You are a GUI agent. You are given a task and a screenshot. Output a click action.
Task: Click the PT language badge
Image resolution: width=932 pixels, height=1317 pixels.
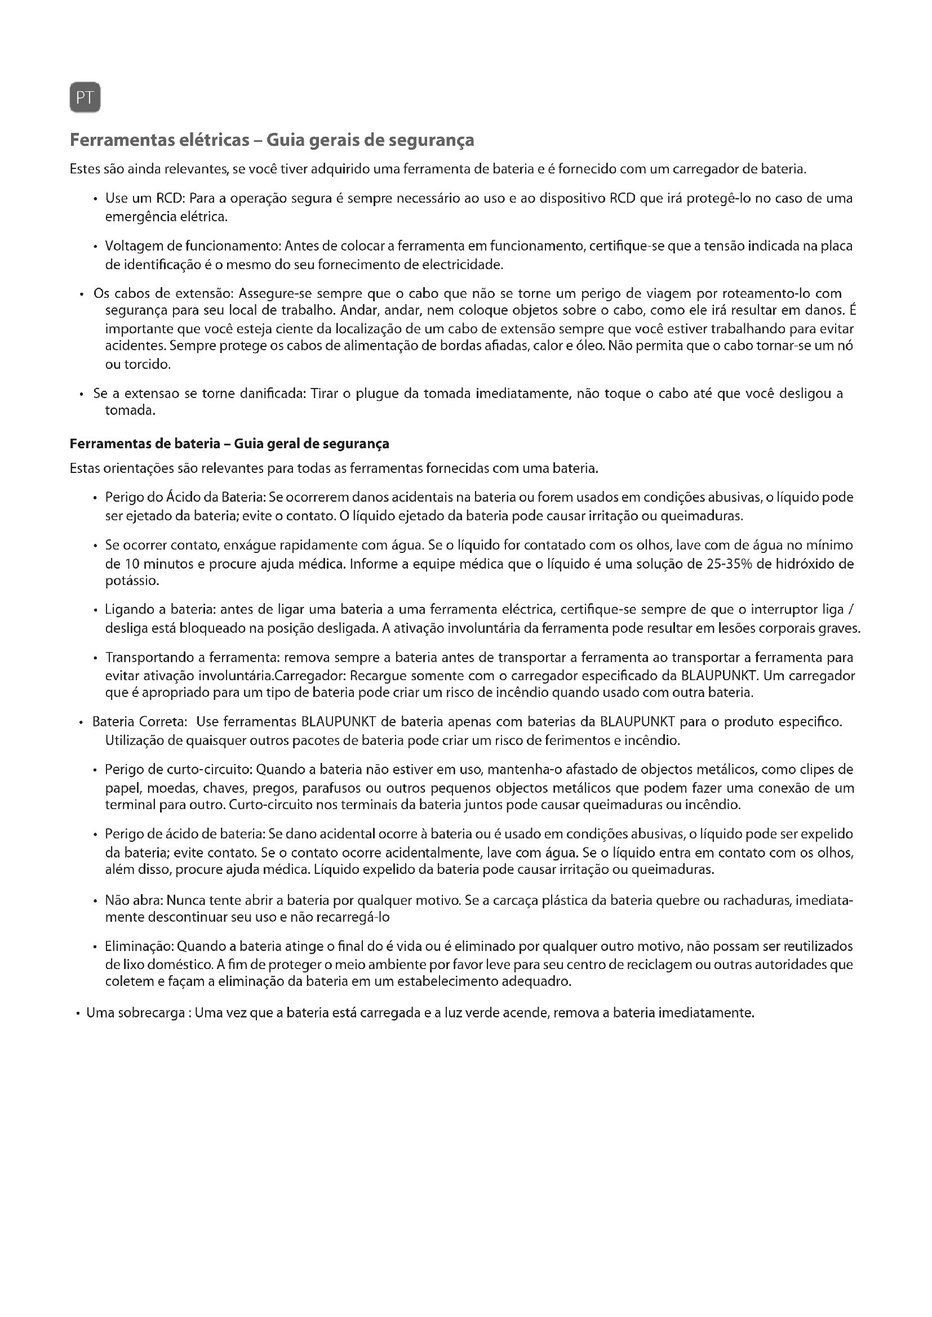(x=85, y=97)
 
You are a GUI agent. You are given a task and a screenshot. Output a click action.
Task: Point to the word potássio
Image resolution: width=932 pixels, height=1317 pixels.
(x=131, y=581)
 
